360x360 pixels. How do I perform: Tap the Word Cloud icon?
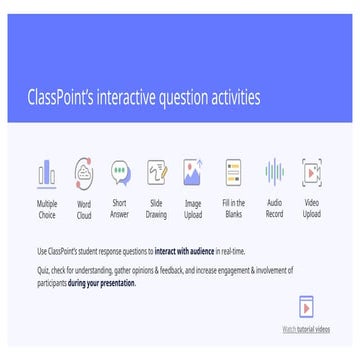(84, 172)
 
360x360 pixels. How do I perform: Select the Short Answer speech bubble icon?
(120, 172)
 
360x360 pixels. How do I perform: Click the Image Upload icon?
(193, 172)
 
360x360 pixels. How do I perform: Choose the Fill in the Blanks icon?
(233, 172)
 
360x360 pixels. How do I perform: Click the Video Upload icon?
(311, 172)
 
